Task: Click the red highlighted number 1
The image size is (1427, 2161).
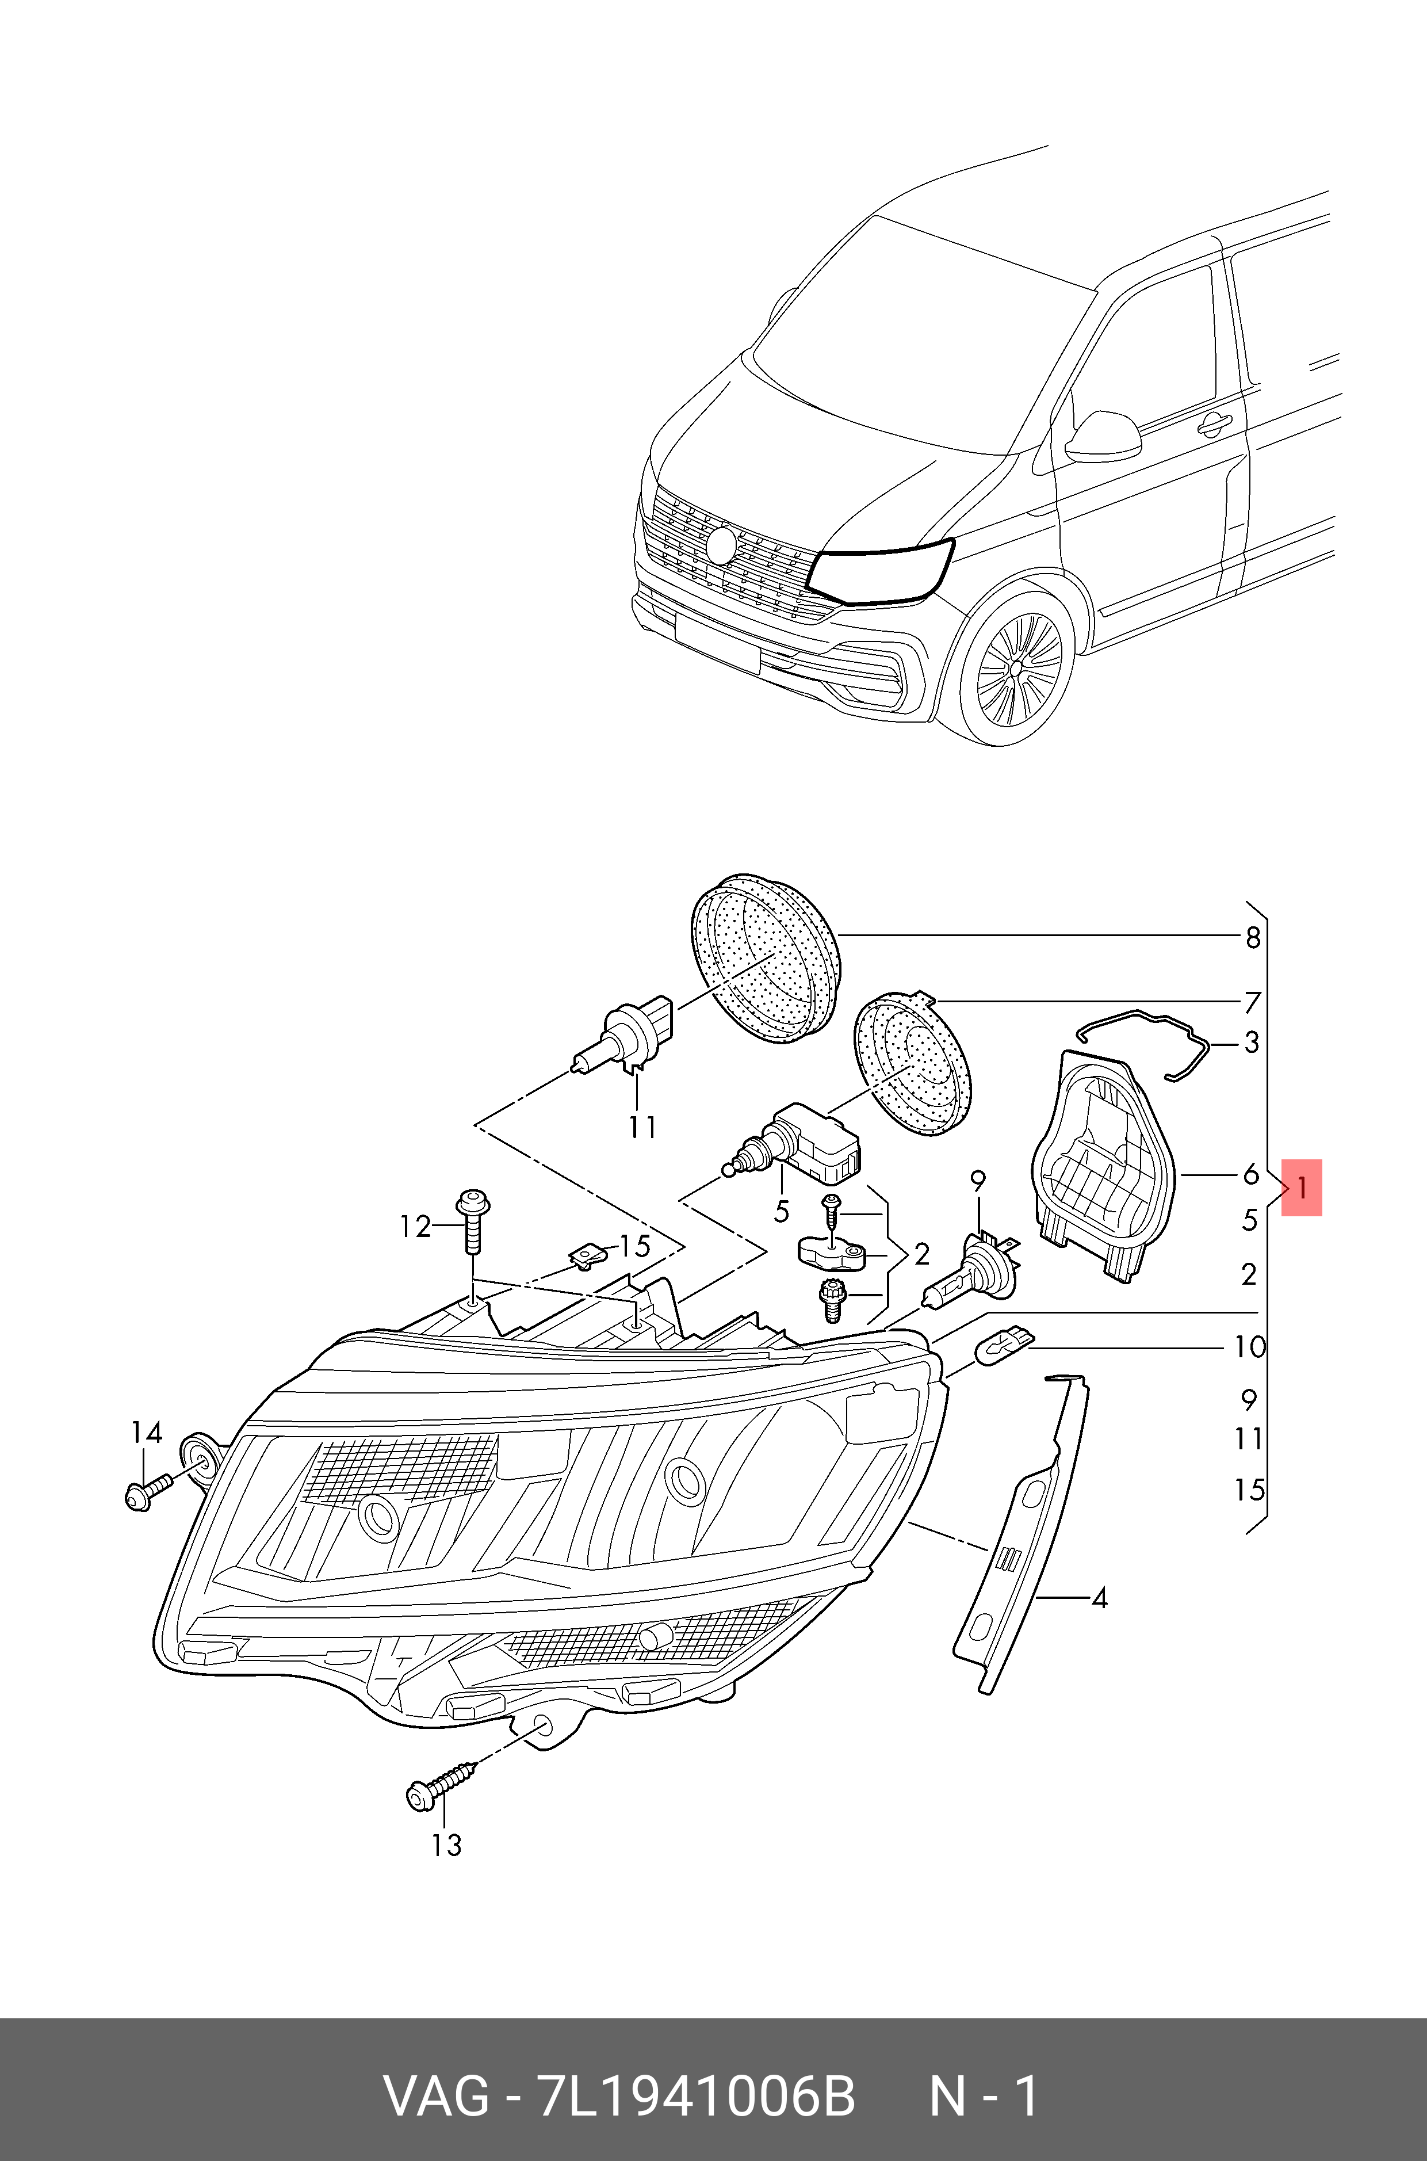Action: tap(1302, 1187)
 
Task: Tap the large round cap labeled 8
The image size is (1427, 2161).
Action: tap(764, 960)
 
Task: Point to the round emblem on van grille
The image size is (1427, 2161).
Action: tap(722, 544)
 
